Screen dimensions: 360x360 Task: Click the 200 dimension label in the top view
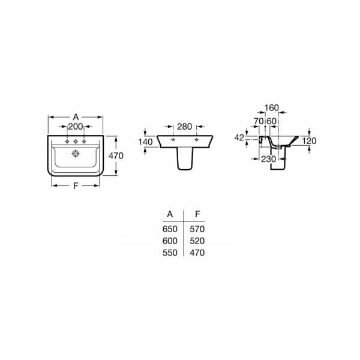click(76, 127)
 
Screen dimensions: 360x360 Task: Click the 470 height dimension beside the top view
click(116, 155)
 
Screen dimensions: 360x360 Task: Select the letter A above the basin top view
click(76, 117)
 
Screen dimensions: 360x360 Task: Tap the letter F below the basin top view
click(76, 186)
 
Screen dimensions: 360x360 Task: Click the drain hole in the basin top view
click(76, 154)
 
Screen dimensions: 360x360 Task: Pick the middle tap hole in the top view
click(76, 142)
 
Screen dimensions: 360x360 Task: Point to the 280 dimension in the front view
click(184, 127)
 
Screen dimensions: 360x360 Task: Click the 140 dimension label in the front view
click(145, 142)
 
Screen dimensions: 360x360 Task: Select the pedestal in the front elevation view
click(185, 158)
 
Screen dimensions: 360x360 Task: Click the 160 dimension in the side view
click(272, 107)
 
